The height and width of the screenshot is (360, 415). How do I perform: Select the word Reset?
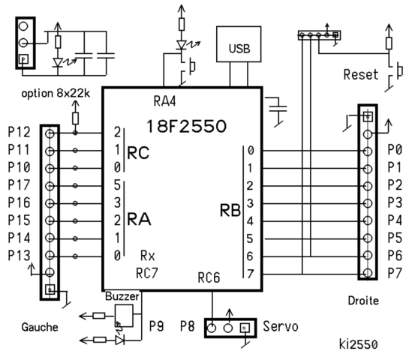click(x=362, y=75)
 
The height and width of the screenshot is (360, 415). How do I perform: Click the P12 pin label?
click(x=19, y=132)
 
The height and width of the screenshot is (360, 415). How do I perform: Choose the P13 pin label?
click(x=19, y=255)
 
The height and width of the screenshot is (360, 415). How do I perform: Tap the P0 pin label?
click(x=395, y=149)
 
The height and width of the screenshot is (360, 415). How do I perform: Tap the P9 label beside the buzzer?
click(x=156, y=327)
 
